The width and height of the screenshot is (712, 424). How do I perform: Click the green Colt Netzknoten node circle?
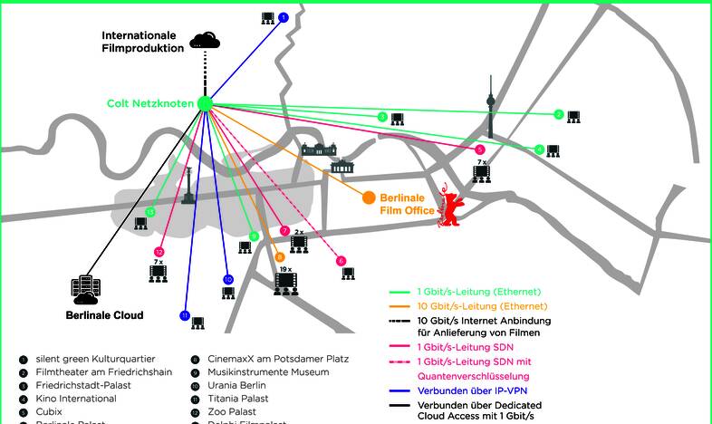(205, 103)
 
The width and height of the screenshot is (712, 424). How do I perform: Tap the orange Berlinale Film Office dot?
(369, 198)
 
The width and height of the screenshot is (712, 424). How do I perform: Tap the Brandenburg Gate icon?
(344, 166)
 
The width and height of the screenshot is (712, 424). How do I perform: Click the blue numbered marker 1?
(283, 17)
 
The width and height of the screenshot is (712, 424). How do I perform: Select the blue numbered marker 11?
(185, 315)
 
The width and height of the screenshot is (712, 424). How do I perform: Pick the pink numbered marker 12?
(159, 252)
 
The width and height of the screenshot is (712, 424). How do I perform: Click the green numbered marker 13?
(150, 212)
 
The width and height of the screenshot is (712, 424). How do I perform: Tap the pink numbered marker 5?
(480, 149)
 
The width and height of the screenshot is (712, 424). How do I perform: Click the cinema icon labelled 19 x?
(285, 281)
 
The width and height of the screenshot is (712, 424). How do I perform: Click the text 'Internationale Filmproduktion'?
(143, 42)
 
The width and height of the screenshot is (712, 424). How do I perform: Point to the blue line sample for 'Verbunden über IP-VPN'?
(399, 390)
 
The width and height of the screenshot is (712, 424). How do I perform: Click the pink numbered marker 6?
(342, 261)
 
